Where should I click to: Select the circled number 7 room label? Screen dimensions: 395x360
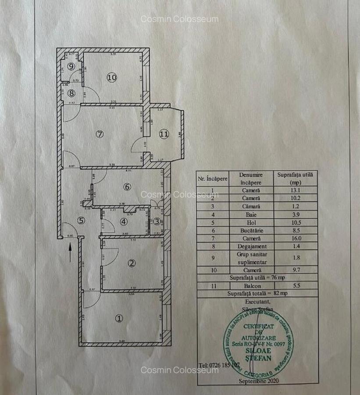(100, 134)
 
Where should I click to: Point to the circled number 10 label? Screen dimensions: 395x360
(112, 77)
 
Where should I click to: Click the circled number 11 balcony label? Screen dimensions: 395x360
(164, 134)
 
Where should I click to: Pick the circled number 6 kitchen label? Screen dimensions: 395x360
(127, 187)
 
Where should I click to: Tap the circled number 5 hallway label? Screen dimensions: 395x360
(81, 221)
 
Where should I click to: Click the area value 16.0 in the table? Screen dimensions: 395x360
(295, 238)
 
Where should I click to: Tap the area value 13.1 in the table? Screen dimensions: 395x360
(295, 190)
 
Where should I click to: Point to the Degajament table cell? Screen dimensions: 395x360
(251, 246)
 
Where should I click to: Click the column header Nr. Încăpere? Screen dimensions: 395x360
(213, 178)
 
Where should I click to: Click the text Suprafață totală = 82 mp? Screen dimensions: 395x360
(257, 294)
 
